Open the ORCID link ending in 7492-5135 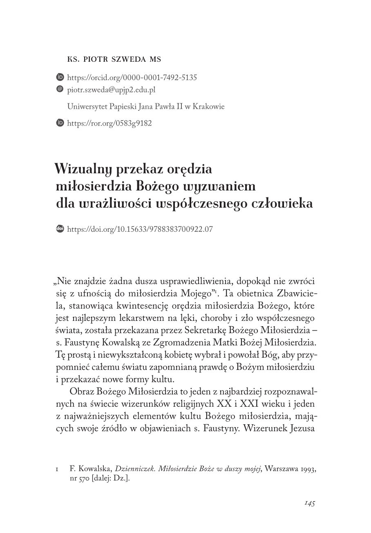click(x=132, y=77)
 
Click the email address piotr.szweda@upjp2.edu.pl click(x=111, y=90)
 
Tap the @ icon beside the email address click(x=60, y=89)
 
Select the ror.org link click(x=109, y=123)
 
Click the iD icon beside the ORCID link click(x=60, y=77)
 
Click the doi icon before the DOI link click(x=60, y=229)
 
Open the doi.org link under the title click(x=140, y=229)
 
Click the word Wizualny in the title click(x=84, y=168)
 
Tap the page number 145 click(x=309, y=504)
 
